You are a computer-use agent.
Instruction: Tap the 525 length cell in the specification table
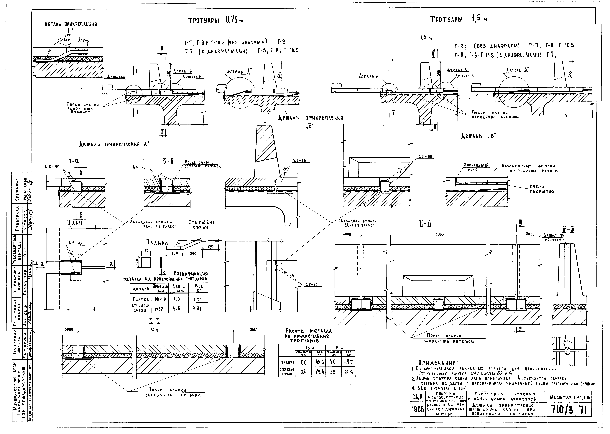176,309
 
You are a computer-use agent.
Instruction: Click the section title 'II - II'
425,224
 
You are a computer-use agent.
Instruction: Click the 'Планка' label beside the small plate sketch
157,243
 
